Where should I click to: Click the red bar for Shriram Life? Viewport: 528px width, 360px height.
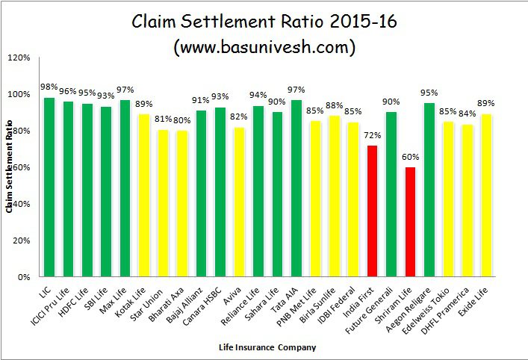[x=410, y=222]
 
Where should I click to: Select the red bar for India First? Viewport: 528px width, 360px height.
[x=372, y=211]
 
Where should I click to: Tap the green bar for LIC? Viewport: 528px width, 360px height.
[x=49, y=187]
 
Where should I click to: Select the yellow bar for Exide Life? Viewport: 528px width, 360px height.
[x=487, y=195]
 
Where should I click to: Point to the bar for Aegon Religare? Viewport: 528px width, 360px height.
[x=429, y=190]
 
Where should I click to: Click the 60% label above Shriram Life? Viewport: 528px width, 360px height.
[x=410, y=158]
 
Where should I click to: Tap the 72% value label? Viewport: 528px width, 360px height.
[x=372, y=136]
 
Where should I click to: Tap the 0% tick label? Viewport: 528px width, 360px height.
[x=23, y=277]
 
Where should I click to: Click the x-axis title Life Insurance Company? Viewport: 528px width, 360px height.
[x=267, y=347]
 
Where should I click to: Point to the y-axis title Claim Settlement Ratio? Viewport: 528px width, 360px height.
[x=10, y=166]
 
